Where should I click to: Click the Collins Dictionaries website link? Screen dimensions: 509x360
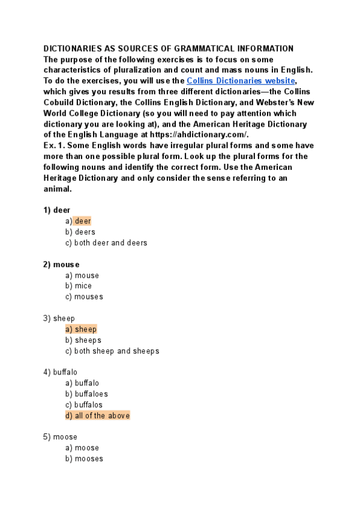[x=241, y=80]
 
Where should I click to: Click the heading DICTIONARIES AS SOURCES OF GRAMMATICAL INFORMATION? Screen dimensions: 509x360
[x=169, y=49]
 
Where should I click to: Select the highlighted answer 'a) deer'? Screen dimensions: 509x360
[x=79, y=221]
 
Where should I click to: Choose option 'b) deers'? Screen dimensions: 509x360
[x=80, y=232]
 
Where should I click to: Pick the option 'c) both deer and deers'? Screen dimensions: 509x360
[x=106, y=243]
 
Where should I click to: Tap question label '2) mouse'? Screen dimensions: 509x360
[x=61, y=264]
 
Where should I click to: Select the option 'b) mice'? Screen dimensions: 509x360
[x=79, y=286]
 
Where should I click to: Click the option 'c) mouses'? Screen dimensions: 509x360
[x=84, y=297]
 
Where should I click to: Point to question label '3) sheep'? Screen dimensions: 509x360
[x=59, y=318]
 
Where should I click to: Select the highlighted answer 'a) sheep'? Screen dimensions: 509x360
[x=81, y=329]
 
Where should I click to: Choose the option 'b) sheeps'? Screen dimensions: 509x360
[x=83, y=340]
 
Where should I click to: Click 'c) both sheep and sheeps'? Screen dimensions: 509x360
[x=112, y=351]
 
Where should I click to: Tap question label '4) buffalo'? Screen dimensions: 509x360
[x=61, y=372]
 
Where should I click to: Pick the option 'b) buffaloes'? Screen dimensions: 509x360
[x=86, y=394]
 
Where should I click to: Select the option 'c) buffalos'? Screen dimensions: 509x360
[x=84, y=405]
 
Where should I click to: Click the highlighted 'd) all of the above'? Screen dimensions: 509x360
[x=97, y=415]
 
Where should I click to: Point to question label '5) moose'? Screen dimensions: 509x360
[x=60, y=437]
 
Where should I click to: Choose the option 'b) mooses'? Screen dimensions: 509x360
[x=84, y=459]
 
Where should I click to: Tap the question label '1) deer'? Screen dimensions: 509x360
[x=57, y=210]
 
